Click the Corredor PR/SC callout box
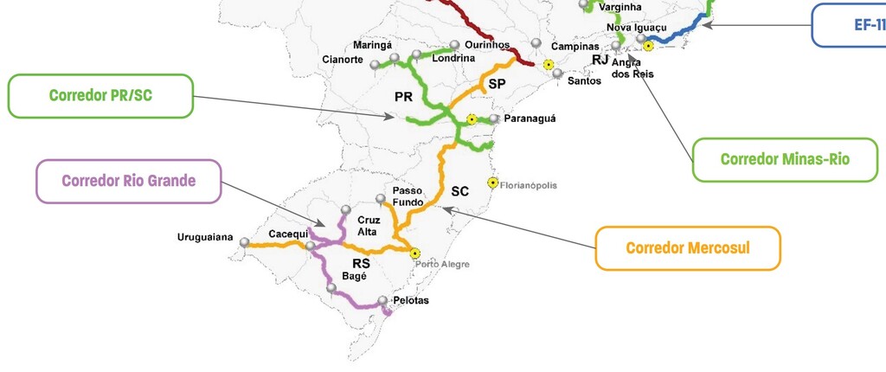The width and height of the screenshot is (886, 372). (100, 95)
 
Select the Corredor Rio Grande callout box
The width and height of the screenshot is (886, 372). (128, 181)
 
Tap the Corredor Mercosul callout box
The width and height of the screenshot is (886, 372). (688, 248)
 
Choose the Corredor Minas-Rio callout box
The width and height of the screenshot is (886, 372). (785, 159)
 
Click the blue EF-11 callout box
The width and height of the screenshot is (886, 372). (852, 25)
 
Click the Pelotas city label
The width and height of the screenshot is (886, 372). (411, 301)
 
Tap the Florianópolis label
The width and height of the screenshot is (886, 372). (529, 185)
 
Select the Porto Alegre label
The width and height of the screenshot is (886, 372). (442, 264)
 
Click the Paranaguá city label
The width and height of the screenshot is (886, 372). (531, 119)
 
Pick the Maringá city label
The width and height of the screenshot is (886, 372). (373, 45)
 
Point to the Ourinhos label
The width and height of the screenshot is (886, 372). (485, 44)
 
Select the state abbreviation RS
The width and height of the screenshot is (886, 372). (361, 262)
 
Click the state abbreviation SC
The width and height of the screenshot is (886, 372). (459, 192)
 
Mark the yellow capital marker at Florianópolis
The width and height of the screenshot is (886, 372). (493, 183)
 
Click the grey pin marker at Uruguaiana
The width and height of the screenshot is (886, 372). (245, 243)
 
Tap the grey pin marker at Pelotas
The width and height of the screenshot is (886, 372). (382, 301)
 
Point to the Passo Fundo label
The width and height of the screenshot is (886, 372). (408, 196)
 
